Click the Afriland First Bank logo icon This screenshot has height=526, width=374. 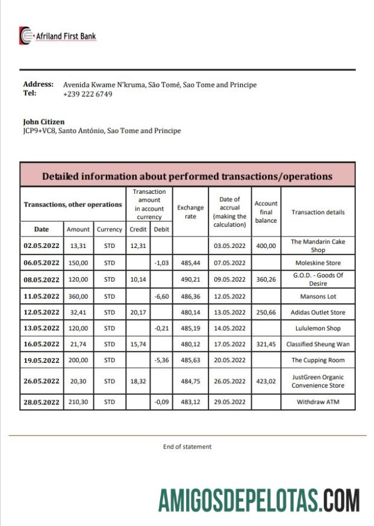(x=26, y=36)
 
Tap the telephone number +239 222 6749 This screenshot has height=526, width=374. (x=87, y=94)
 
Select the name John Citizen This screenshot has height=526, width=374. (x=43, y=122)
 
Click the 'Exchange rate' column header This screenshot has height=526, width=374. (x=190, y=212)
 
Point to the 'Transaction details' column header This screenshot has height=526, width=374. (x=318, y=212)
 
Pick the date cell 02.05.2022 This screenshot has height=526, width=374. (x=42, y=246)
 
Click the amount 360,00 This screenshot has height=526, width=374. (x=78, y=296)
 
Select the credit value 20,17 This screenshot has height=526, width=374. (x=138, y=312)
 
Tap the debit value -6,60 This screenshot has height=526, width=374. (x=161, y=296)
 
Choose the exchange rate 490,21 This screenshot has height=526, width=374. (x=190, y=279)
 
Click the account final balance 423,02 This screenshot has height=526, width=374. (x=266, y=381)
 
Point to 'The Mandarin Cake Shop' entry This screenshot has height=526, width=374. (x=318, y=246)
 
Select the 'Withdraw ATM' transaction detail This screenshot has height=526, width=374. (x=318, y=401)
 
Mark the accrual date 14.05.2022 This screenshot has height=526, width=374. (x=229, y=329)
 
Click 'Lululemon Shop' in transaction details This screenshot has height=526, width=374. (x=318, y=329)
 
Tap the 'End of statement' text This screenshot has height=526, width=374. (x=187, y=447)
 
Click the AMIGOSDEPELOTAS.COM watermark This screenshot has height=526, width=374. (x=259, y=500)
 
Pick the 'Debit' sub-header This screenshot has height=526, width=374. (x=161, y=229)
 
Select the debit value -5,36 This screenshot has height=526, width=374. (x=161, y=360)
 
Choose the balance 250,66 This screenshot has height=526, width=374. (x=266, y=312)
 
